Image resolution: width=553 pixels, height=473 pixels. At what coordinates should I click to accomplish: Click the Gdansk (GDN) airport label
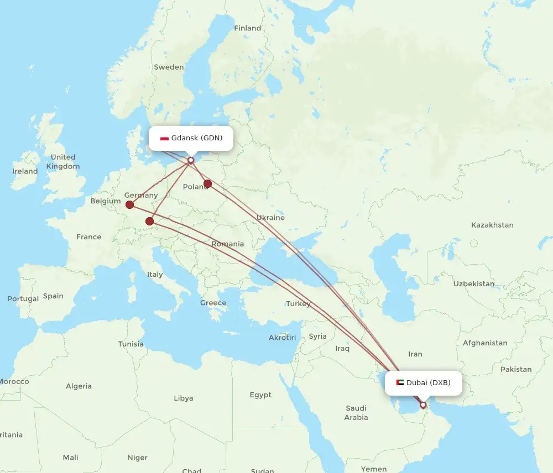[x=196, y=138]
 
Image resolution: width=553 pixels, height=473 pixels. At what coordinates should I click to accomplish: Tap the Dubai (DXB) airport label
[x=428, y=382]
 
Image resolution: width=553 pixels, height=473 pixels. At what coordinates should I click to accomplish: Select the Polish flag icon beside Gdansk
[x=164, y=138]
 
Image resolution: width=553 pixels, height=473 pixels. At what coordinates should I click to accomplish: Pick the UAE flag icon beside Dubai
[x=400, y=382]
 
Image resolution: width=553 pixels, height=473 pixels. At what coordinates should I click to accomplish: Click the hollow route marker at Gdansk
[x=191, y=161]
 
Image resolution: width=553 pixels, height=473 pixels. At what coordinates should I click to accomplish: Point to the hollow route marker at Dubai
[x=423, y=405]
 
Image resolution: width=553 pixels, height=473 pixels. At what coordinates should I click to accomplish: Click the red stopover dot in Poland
[x=208, y=183]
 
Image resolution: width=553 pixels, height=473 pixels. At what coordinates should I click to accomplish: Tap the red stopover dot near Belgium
[x=129, y=205]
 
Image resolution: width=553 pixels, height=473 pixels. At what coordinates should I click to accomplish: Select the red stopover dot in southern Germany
[x=149, y=222]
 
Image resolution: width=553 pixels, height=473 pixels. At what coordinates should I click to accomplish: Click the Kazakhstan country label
[x=492, y=225]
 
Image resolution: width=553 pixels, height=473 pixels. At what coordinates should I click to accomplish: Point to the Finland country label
[x=247, y=28]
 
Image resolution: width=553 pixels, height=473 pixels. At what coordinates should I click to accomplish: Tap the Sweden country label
[x=169, y=67]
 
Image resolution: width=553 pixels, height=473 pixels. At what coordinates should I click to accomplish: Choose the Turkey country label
[x=298, y=303]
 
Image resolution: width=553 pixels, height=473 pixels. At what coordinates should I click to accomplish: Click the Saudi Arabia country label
[x=356, y=413]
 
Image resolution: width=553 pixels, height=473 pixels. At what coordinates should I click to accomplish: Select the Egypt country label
[x=260, y=395]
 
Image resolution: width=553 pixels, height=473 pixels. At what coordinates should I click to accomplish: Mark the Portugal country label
[x=23, y=299]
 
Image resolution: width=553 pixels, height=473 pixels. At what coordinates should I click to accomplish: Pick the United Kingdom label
[x=63, y=162]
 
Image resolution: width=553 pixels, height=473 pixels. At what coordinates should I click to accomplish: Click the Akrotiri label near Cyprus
[x=282, y=338]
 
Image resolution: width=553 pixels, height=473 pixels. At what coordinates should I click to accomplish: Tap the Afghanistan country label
[x=485, y=343]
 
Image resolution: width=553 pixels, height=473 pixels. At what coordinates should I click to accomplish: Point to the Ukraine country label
[x=270, y=218]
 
